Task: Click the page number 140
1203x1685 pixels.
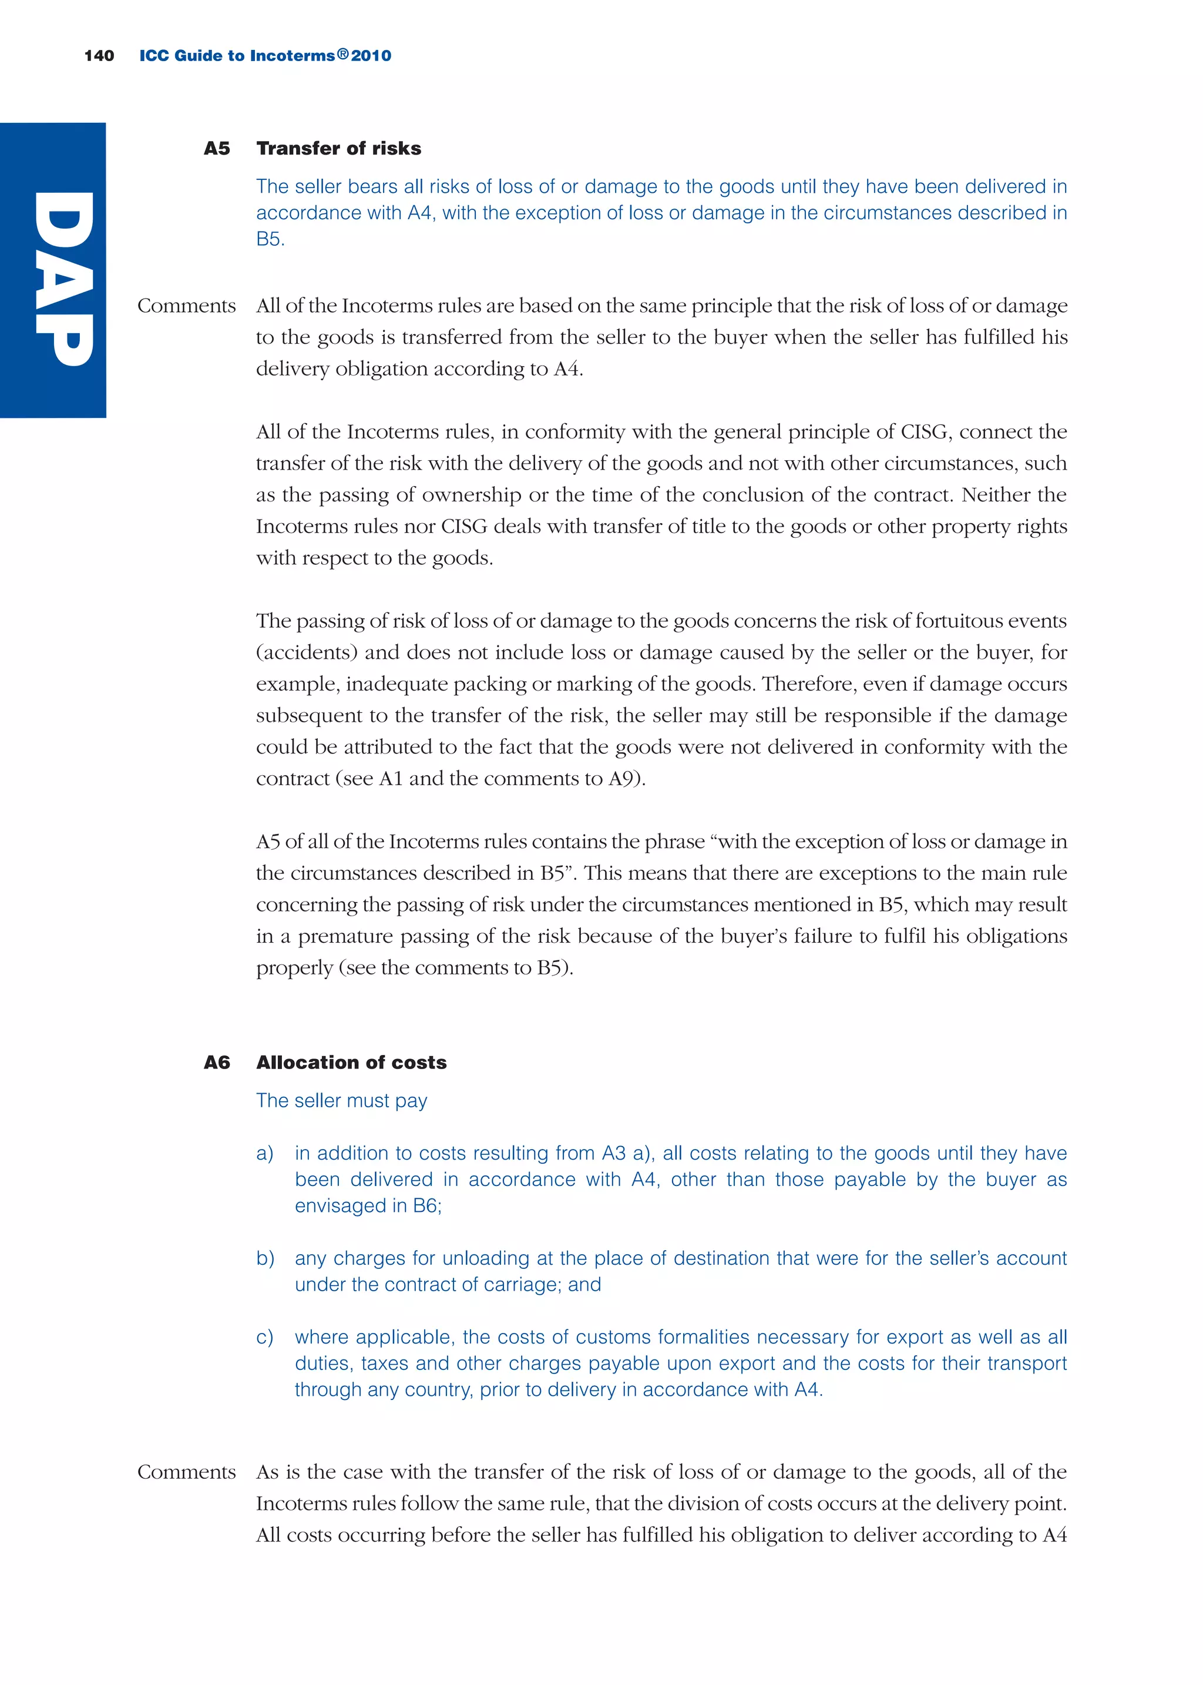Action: coord(99,56)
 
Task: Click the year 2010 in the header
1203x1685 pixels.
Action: coord(371,56)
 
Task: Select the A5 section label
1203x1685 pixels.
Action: coord(216,148)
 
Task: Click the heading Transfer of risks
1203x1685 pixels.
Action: coord(338,148)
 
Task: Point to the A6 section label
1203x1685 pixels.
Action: coord(216,1062)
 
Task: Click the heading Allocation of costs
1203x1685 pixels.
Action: coord(351,1062)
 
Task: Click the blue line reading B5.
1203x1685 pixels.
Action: coord(270,239)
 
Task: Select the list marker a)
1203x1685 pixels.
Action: coord(264,1153)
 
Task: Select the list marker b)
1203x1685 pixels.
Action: coord(264,1258)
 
